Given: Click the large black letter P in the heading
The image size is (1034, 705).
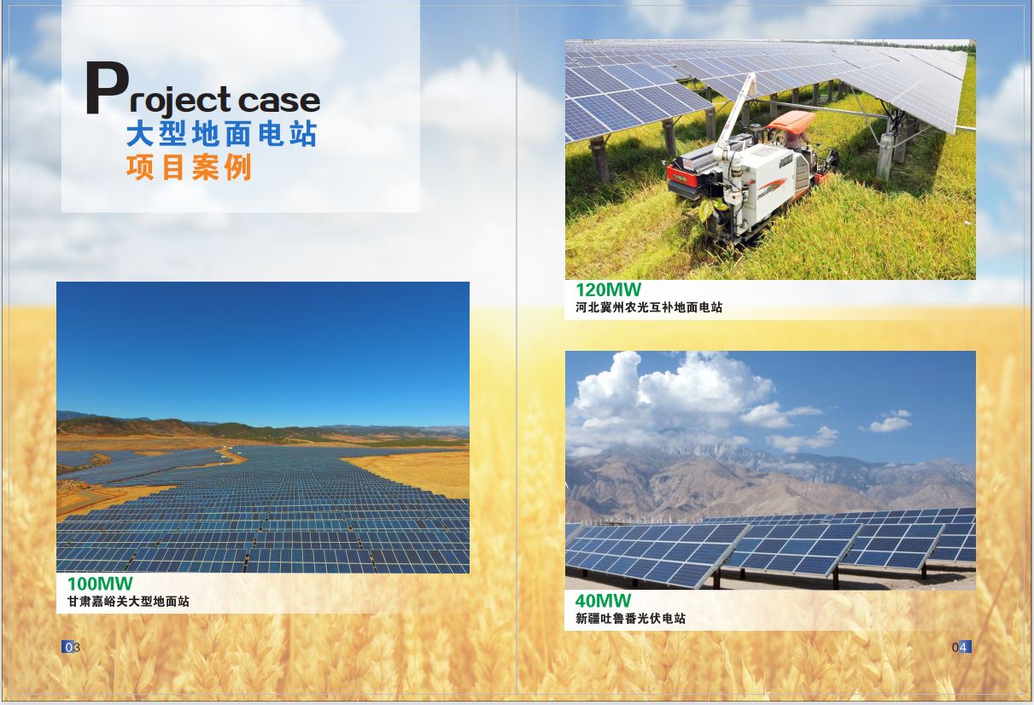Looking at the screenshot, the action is (107, 88).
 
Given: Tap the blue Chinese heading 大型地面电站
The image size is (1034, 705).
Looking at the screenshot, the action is (222, 134).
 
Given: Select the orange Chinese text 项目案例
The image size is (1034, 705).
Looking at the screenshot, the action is (190, 167).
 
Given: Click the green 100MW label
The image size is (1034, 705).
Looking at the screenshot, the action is (100, 584).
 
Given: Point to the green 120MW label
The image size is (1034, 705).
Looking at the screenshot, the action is (608, 289).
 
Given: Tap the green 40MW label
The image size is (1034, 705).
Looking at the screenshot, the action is (603, 601).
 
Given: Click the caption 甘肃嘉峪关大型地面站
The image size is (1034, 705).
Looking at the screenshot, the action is (128, 602).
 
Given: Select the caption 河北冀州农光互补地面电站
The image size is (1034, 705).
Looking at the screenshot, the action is (649, 307).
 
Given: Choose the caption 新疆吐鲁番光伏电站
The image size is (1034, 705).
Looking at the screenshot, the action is (630, 618).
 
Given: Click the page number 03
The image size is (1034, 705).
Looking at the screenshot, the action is (71, 647).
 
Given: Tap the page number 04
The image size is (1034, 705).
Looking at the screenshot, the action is (961, 647).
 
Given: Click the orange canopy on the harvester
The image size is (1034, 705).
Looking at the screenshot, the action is (792, 120).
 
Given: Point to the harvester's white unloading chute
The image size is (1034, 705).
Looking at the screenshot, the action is (734, 121).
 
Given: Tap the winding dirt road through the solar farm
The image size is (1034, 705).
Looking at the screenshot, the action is (231, 456).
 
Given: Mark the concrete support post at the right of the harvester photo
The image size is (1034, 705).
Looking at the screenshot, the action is (885, 156).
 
